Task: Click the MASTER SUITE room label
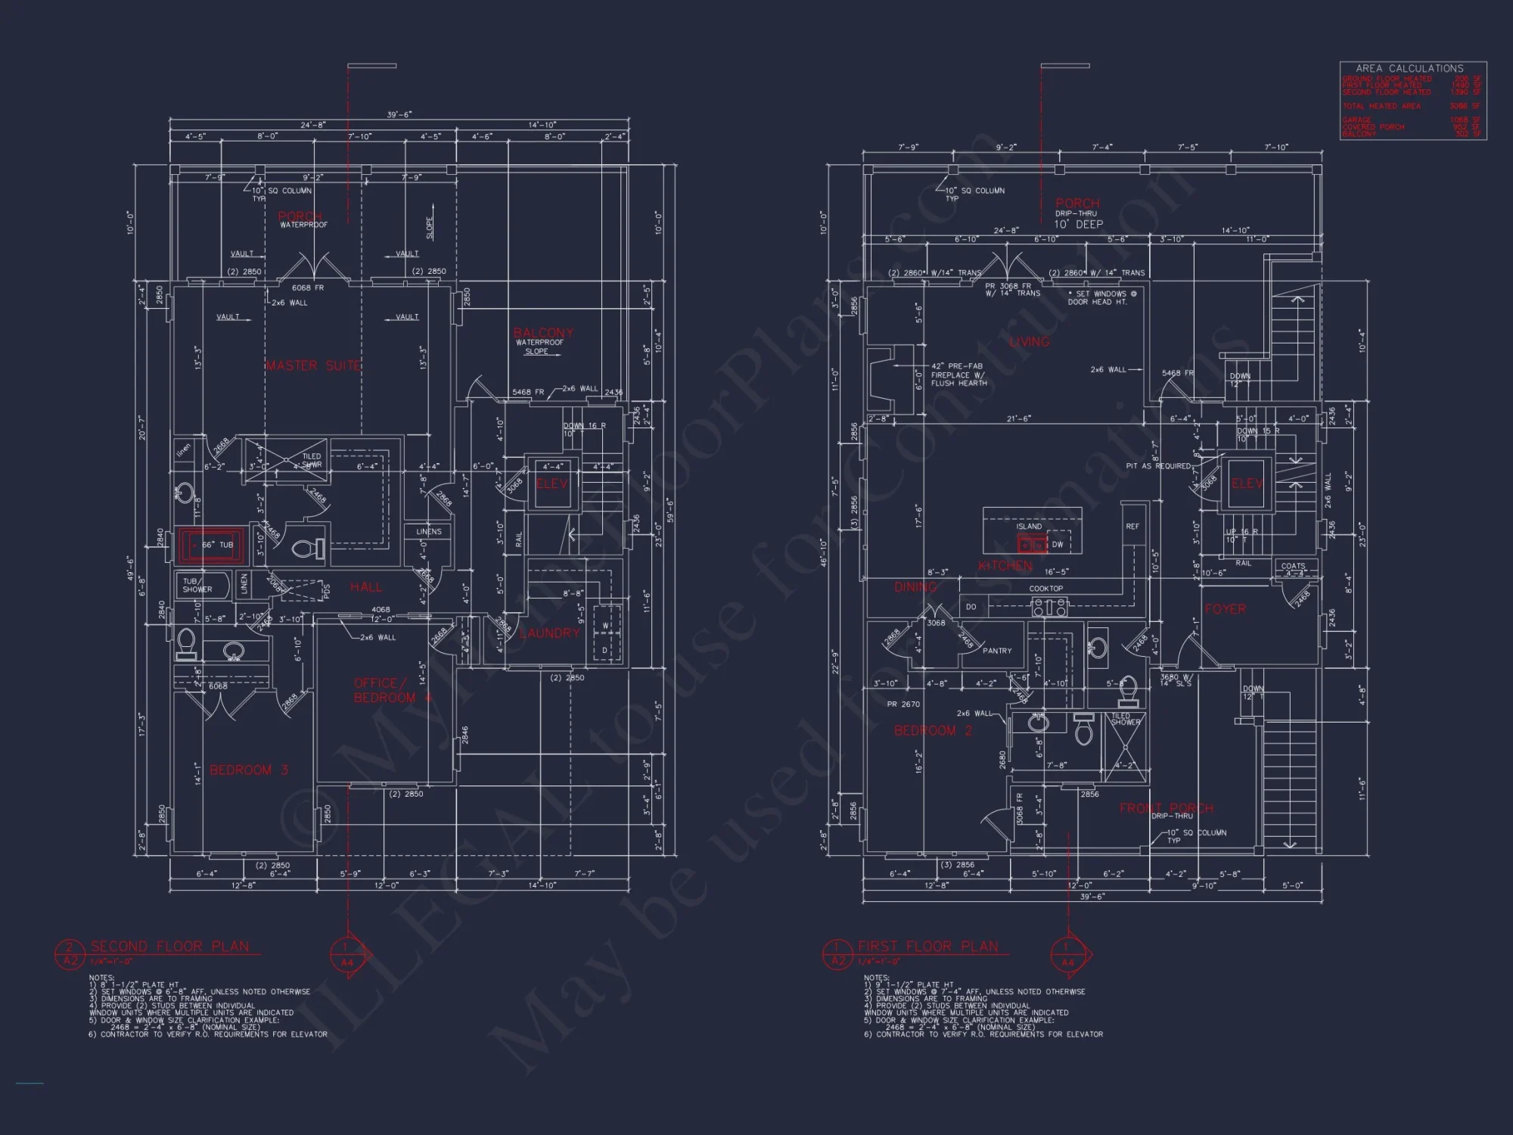point(313,366)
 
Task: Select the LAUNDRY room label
point(550,633)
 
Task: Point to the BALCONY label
point(543,333)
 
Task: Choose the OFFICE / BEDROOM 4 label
point(386,690)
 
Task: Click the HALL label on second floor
point(366,587)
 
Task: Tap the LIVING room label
point(1029,342)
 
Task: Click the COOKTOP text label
point(1046,589)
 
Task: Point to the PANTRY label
point(997,651)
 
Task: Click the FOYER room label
point(1225,609)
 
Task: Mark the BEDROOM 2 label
point(933,731)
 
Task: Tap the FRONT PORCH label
point(1166,808)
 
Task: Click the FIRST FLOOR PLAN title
point(927,947)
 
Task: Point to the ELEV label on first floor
point(1247,484)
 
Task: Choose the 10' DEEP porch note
point(1078,224)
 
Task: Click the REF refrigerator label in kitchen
point(1132,527)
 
